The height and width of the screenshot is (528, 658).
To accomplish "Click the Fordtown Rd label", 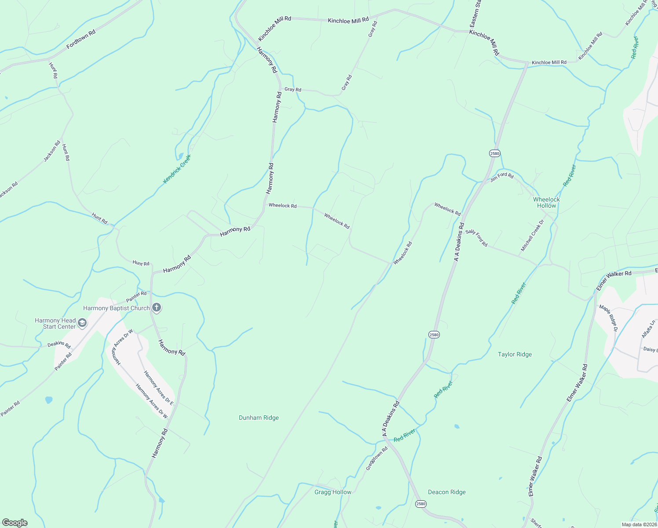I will click(x=81, y=40).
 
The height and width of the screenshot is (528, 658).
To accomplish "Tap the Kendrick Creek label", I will click(x=177, y=169).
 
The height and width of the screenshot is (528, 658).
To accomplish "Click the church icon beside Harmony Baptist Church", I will click(x=156, y=308).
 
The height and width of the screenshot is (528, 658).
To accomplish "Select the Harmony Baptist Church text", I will click(x=117, y=308).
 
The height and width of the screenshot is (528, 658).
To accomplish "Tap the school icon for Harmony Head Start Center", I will click(x=82, y=324).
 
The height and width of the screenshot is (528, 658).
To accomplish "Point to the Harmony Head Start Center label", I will click(x=55, y=323).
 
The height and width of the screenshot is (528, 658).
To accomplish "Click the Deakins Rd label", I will click(x=59, y=345).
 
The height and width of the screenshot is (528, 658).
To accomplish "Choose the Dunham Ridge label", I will click(x=259, y=418).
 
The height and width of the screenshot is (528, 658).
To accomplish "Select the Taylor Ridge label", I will click(x=515, y=354).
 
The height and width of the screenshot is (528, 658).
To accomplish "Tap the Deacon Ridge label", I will click(x=446, y=492).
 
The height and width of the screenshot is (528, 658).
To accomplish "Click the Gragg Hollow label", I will click(x=333, y=492).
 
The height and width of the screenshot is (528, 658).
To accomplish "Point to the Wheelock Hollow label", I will click(x=546, y=202).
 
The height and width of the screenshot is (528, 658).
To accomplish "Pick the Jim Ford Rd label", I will click(x=502, y=176).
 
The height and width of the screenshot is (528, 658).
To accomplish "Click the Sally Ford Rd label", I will click(x=476, y=238).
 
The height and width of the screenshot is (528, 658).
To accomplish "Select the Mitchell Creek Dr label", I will click(x=532, y=235).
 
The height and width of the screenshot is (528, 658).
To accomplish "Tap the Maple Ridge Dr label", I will click(x=609, y=318).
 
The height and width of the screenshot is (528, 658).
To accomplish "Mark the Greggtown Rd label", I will click(x=377, y=458).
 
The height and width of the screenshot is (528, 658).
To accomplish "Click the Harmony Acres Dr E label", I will click(x=158, y=388).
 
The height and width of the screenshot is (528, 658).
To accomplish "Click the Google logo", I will click(x=15, y=523).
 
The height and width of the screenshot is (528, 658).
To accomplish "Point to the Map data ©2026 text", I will click(x=639, y=524).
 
